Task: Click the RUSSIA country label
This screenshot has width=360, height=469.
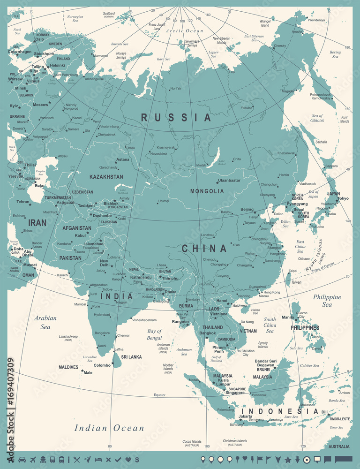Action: point(176,117)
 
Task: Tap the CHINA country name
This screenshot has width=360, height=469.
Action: point(204,249)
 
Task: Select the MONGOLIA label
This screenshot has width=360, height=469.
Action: point(207,191)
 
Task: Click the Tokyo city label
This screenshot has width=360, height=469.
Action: point(343,198)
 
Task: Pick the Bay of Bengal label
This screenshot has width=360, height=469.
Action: point(154,334)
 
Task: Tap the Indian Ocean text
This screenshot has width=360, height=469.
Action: point(110,428)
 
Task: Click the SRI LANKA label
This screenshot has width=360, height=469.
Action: point(131,357)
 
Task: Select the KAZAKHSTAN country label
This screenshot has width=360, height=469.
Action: point(106,177)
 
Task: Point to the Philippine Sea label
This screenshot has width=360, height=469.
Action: point(327,301)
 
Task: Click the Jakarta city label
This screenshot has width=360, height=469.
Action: point(245,416)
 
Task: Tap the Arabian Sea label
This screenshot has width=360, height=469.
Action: point(45,322)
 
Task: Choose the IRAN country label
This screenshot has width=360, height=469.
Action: point(37,223)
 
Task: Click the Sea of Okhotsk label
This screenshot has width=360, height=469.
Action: point(317,118)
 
